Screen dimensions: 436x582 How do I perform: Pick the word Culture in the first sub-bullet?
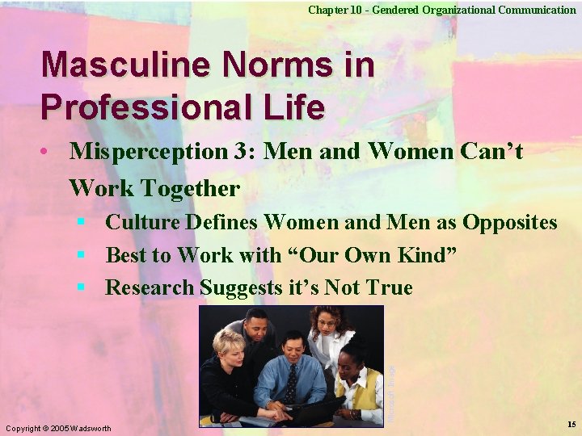tap(142, 223)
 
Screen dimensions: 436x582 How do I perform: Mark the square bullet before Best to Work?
tap(81, 255)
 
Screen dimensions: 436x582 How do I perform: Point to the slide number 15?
tap(571, 424)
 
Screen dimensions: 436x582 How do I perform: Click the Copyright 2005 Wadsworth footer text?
tap(58, 427)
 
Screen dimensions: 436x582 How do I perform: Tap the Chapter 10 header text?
tap(441, 10)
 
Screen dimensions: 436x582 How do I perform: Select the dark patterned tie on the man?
tap(290, 384)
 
